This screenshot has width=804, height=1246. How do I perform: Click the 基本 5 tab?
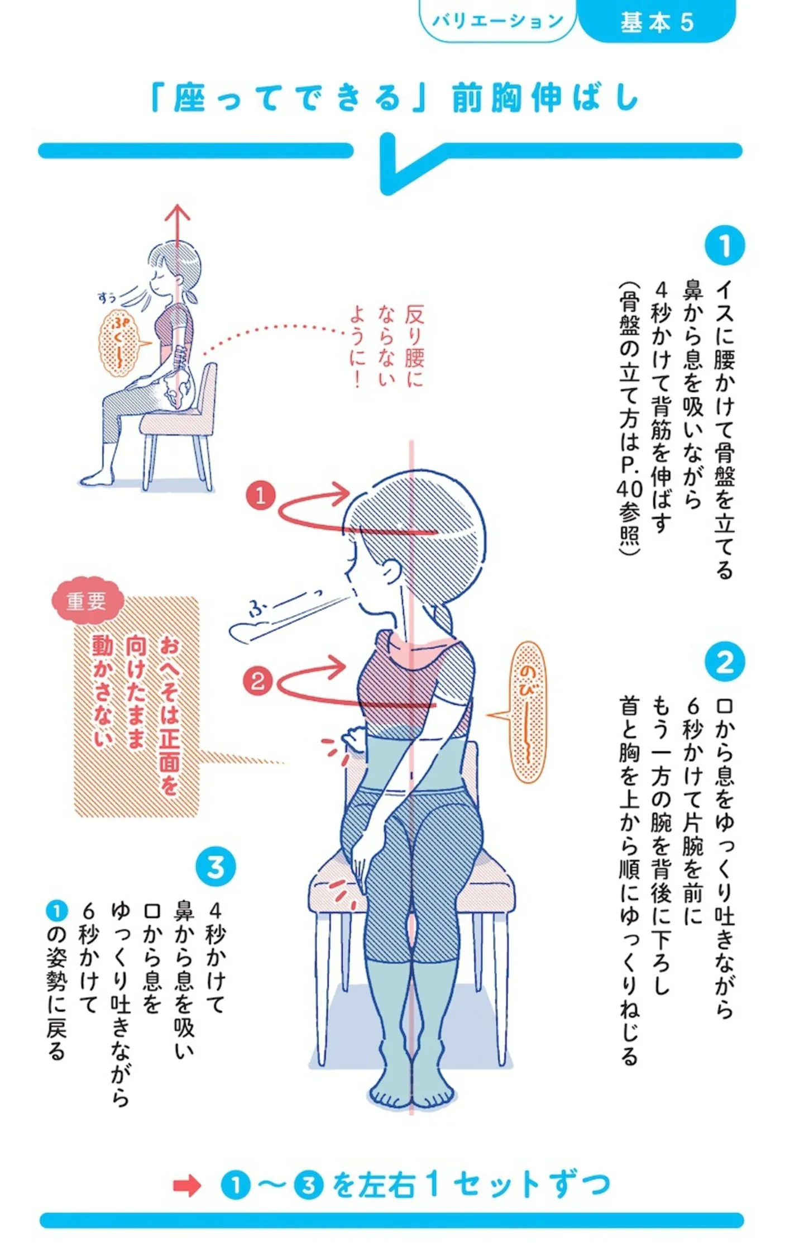coord(657,21)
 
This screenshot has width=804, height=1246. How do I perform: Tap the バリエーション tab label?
coord(497,21)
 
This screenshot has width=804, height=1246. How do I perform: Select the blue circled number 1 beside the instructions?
coord(724,245)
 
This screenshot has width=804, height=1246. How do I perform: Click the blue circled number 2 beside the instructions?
coord(724,662)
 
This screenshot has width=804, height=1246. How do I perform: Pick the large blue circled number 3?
coord(216,867)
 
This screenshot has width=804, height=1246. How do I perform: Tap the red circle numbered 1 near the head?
coord(260,495)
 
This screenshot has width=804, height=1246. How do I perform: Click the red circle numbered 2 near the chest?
coord(257,681)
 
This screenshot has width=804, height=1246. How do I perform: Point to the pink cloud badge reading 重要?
coord(87,601)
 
